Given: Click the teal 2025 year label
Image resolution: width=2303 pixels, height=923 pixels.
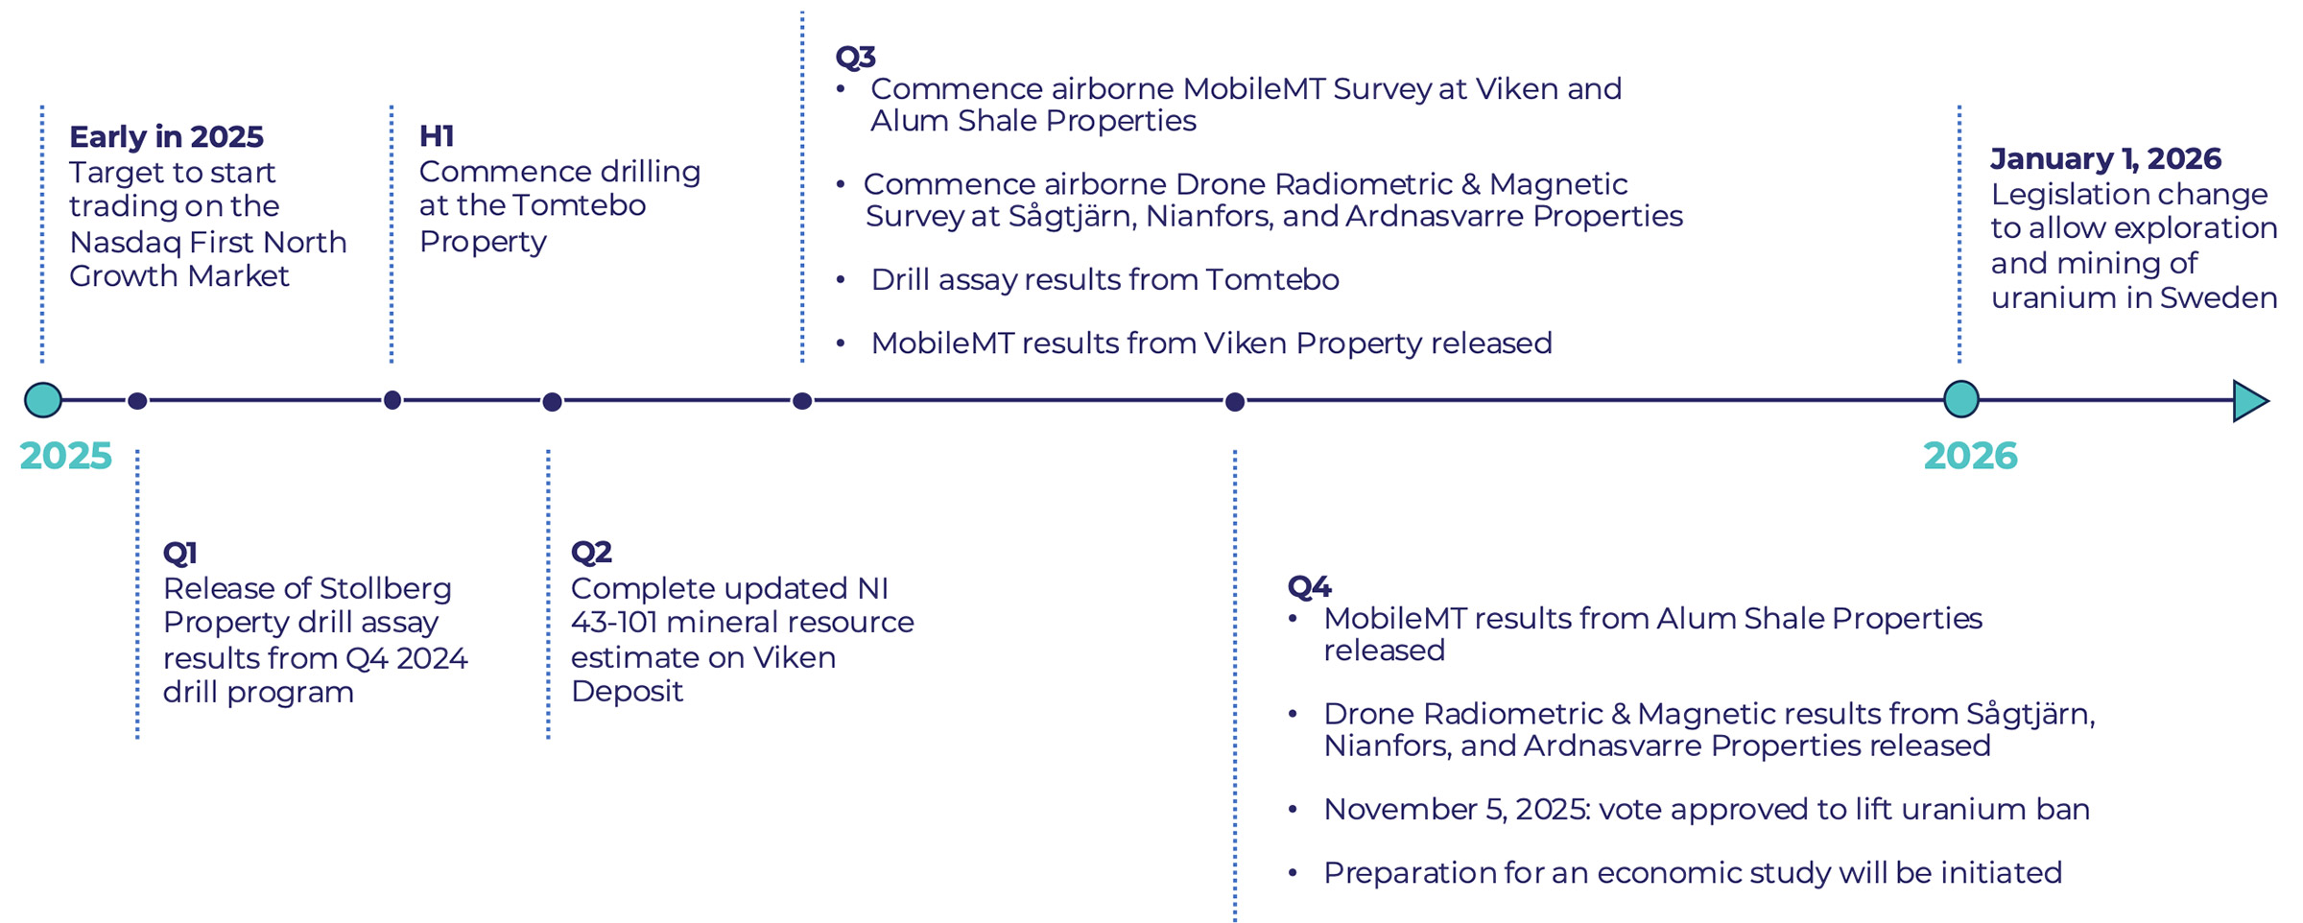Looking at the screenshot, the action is click(x=65, y=456).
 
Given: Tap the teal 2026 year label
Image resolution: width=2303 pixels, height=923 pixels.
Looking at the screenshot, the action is click(x=1970, y=456).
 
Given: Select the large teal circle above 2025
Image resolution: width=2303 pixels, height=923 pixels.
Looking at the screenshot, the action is click(x=43, y=400).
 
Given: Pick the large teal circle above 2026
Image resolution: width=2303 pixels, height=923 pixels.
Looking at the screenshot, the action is click(x=1961, y=399).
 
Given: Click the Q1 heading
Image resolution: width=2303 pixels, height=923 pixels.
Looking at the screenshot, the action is click(x=179, y=553).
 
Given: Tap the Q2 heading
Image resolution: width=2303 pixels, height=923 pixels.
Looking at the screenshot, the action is click(x=591, y=553).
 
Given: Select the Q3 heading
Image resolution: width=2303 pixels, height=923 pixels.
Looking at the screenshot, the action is click(x=856, y=57).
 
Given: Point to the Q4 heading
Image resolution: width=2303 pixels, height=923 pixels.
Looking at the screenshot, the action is click(x=1309, y=586).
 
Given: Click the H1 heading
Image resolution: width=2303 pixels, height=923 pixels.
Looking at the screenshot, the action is click(x=437, y=136).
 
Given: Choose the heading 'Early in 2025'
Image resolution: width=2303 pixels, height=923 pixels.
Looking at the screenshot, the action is click(x=166, y=137).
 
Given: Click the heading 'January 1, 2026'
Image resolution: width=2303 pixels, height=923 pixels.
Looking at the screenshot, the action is click(x=2105, y=158).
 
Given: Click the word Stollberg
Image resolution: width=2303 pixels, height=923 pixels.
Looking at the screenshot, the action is click(x=385, y=588).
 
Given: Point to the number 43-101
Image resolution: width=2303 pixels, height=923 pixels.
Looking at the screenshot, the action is click(x=614, y=623).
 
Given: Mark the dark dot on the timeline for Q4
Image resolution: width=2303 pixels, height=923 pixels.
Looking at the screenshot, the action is click(x=1235, y=402).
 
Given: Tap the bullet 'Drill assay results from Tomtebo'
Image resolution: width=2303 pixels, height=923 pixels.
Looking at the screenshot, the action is click(x=1104, y=280).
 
